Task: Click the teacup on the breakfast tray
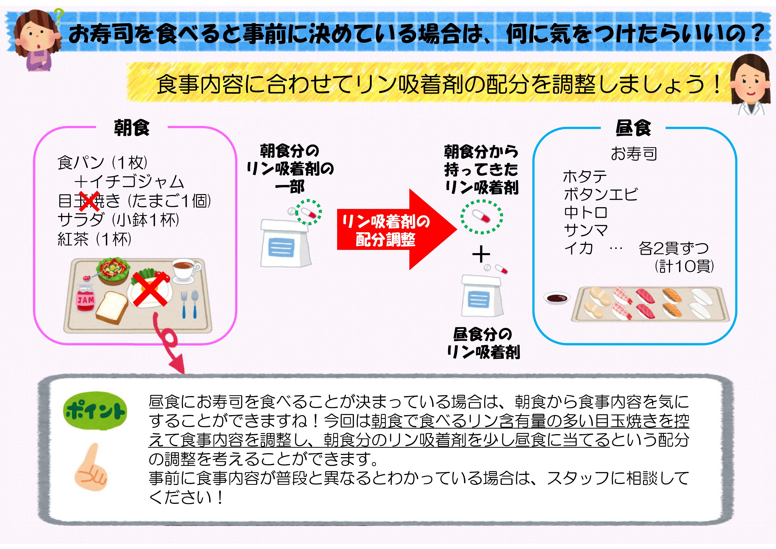point(186,270)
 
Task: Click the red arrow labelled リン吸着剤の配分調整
point(397,229)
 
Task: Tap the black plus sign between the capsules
point(481,254)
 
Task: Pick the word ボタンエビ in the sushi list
point(601,194)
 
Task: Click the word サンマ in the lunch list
point(586,230)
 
